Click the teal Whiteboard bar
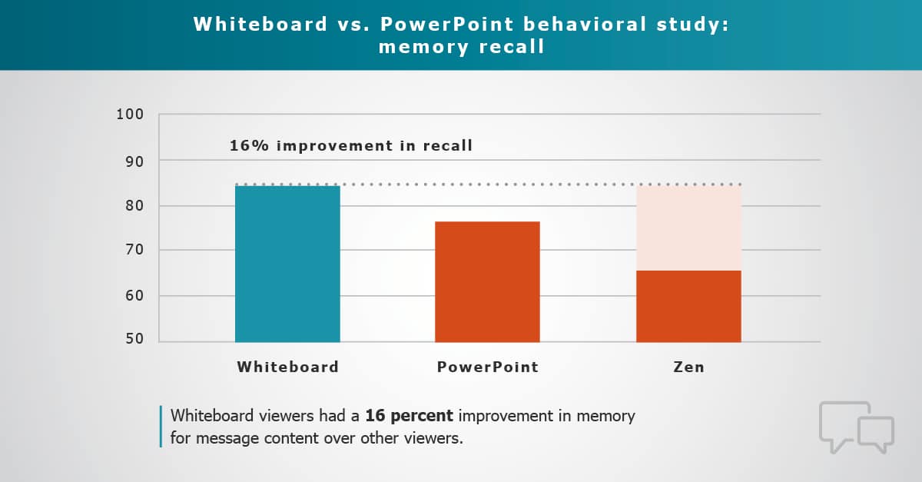[287, 264]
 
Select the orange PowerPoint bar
[487, 281]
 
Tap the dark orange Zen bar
[688, 306]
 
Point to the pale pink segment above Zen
[688, 228]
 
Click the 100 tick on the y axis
[131, 115]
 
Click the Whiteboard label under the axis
[287, 367]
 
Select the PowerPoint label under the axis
[488, 367]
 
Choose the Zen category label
[688, 367]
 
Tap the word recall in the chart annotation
[446, 145]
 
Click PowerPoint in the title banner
[453, 24]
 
